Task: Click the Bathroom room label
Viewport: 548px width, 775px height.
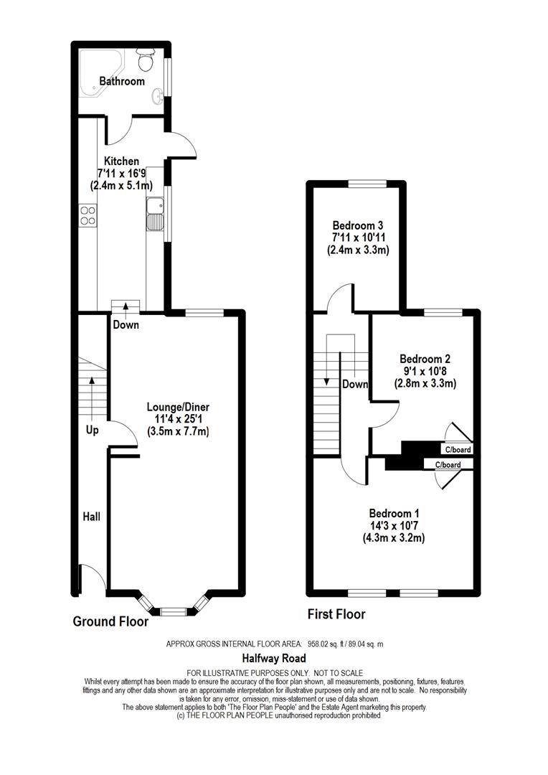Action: click(122, 81)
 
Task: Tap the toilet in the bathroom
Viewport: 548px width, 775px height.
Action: click(146, 60)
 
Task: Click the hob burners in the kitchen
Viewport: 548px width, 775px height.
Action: click(88, 215)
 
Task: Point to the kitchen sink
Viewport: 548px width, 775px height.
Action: click(155, 214)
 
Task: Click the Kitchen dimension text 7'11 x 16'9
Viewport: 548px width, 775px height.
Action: click(121, 174)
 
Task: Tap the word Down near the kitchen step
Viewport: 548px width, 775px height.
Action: click(126, 325)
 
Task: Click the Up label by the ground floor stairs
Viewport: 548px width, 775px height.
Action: click(93, 430)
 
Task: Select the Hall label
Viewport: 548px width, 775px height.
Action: click(91, 517)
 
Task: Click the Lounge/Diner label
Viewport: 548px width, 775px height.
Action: click(178, 407)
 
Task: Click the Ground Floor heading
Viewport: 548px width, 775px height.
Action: click(110, 621)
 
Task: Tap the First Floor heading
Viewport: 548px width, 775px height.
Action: click(336, 614)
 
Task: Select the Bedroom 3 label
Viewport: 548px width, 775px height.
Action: click(358, 225)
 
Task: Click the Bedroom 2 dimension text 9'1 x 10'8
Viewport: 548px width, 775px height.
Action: click(425, 371)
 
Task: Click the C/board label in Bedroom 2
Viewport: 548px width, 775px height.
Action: click(458, 450)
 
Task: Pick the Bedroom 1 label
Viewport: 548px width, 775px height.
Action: click(394, 514)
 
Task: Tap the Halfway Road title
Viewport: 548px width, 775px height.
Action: click(274, 658)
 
